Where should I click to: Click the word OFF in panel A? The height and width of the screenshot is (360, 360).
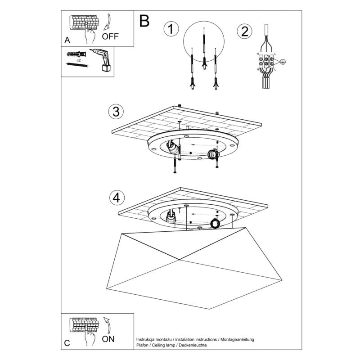110,36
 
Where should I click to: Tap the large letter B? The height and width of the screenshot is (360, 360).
144,20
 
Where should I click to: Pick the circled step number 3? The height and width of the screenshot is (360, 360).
116,111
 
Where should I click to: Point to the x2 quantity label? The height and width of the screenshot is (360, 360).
79,60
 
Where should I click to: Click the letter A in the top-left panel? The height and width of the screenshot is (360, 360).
67,40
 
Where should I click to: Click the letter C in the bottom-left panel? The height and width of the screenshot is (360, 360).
67,343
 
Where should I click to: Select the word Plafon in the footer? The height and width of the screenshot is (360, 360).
144,345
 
